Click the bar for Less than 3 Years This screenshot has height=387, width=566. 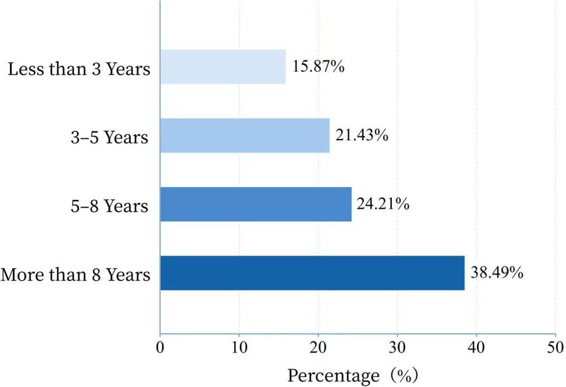tap(223, 67)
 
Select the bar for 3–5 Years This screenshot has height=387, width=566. tap(245, 135)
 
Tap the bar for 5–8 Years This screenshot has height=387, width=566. tap(256, 204)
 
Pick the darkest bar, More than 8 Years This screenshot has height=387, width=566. tap(313, 273)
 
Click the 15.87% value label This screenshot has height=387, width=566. tap(319, 66)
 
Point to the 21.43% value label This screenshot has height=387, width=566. tap(362, 135)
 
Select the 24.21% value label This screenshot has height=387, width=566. tap(383, 204)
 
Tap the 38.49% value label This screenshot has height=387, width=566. tap(497, 272)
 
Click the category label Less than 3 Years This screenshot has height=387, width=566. tap(79, 68)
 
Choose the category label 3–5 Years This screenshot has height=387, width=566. tap(110, 137)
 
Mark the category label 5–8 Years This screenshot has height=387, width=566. tap(110, 206)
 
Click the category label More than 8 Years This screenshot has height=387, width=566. tap(75, 274)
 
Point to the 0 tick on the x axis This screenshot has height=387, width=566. tap(160, 347)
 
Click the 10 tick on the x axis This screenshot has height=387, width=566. tap(239, 347)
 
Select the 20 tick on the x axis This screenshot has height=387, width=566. tap(318, 347)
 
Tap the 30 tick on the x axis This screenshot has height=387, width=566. tap(397, 347)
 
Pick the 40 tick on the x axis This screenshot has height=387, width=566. tap(476, 347)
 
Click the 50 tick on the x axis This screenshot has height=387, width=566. tap(555, 347)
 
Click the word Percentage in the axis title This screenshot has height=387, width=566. tap(333, 376)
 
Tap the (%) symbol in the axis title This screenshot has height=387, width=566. tap(401, 375)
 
